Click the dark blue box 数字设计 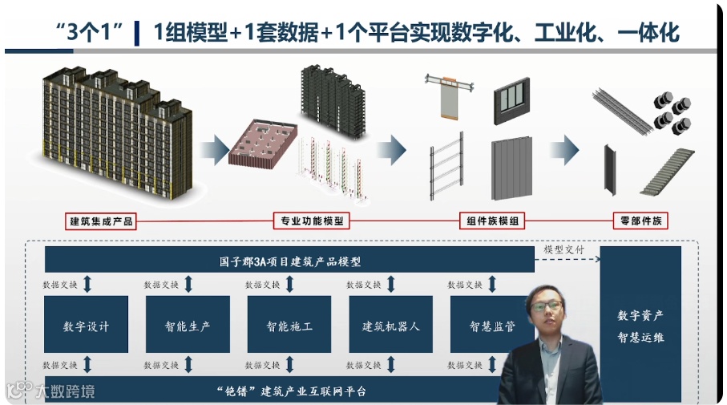pos(86,325)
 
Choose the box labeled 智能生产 pos(188,325)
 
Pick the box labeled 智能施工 pos(289,325)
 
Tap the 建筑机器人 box pos(390,325)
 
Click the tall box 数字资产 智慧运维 pos(640,325)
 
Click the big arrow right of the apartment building pos(216,149)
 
